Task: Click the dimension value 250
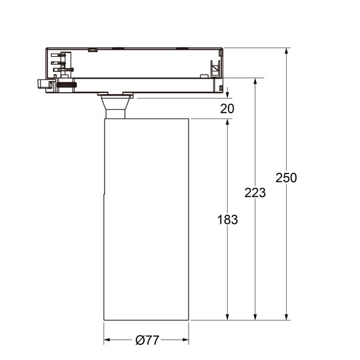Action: (285, 178)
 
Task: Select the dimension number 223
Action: (255, 192)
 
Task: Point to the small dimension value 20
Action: (226, 109)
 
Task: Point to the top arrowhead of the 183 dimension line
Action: (227, 124)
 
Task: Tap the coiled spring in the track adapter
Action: (65, 84)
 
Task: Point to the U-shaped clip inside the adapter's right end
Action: (214, 68)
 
